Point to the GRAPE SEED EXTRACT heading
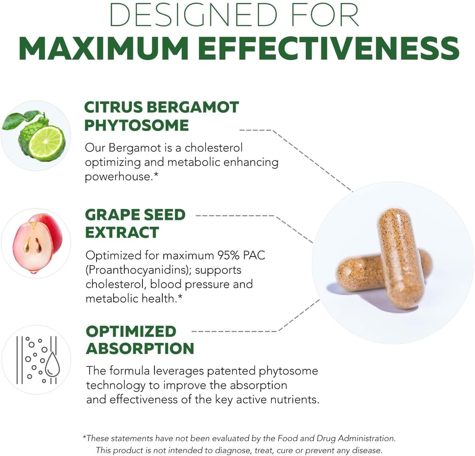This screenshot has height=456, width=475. (135, 223)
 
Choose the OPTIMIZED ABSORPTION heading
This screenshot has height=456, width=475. (140, 340)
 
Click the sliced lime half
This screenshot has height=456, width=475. (46, 143)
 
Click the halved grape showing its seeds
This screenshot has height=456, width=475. (32, 246)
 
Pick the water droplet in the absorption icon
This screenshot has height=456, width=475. (53, 366)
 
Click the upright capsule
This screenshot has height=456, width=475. (400, 257)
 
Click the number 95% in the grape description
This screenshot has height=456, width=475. (221, 255)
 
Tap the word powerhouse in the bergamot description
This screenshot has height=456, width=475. (118, 177)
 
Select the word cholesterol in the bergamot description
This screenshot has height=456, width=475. (213, 148)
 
